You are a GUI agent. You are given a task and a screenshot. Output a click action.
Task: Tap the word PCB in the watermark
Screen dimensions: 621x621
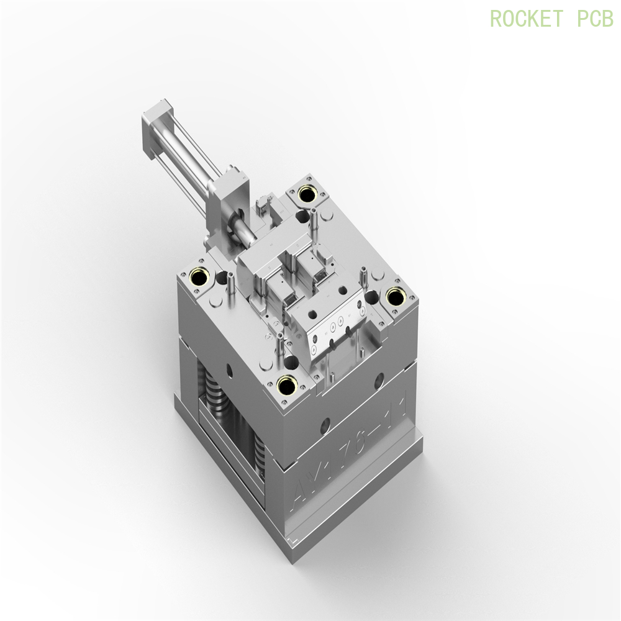(594, 18)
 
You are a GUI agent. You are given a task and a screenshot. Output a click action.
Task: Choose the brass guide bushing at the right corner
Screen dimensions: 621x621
(395, 297)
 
